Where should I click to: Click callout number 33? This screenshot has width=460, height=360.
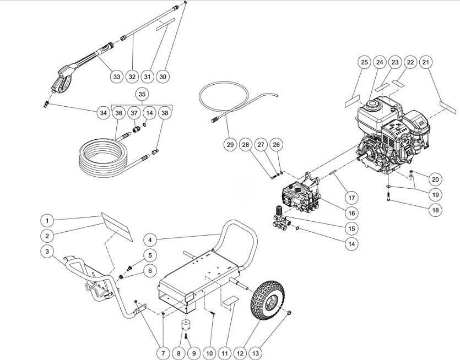tap(116, 77)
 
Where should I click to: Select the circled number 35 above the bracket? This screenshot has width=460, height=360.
tap(142, 94)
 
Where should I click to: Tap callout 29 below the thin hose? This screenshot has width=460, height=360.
tap(230, 145)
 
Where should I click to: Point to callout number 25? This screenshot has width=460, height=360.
tap(364, 63)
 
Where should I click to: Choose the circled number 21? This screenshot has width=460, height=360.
tap(425, 63)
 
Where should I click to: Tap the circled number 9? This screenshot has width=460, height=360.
tap(192, 352)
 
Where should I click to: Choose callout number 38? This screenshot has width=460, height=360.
tap(165, 112)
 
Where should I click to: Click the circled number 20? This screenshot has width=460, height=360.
tap(435, 179)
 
